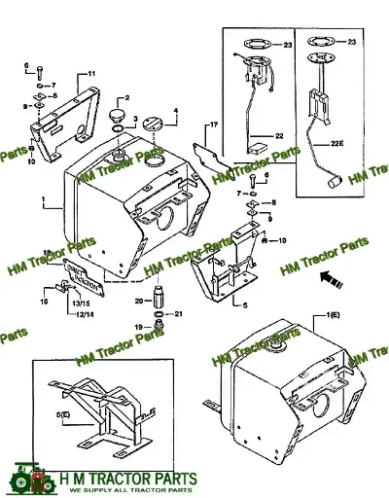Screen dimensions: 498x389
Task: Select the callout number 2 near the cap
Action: pyautogui.click(x=124, y=99)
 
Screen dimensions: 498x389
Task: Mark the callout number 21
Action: pyautogui.click(x=179, y=313)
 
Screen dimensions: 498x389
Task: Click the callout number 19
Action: pyautogui.click(x=138, y=327)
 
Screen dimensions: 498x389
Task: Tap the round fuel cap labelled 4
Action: pyautogui.click(x=156, y=126)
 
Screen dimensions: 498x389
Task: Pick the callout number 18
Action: pyautogui.click(x=46, y=252)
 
